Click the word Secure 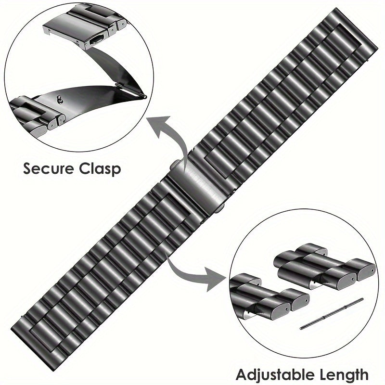point(49,168)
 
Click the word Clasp point(100,169)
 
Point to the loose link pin point(332,314)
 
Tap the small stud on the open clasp point(59,100)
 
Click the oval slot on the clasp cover point(97,39)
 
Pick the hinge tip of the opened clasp point(145,97)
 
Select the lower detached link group point(269,296)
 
